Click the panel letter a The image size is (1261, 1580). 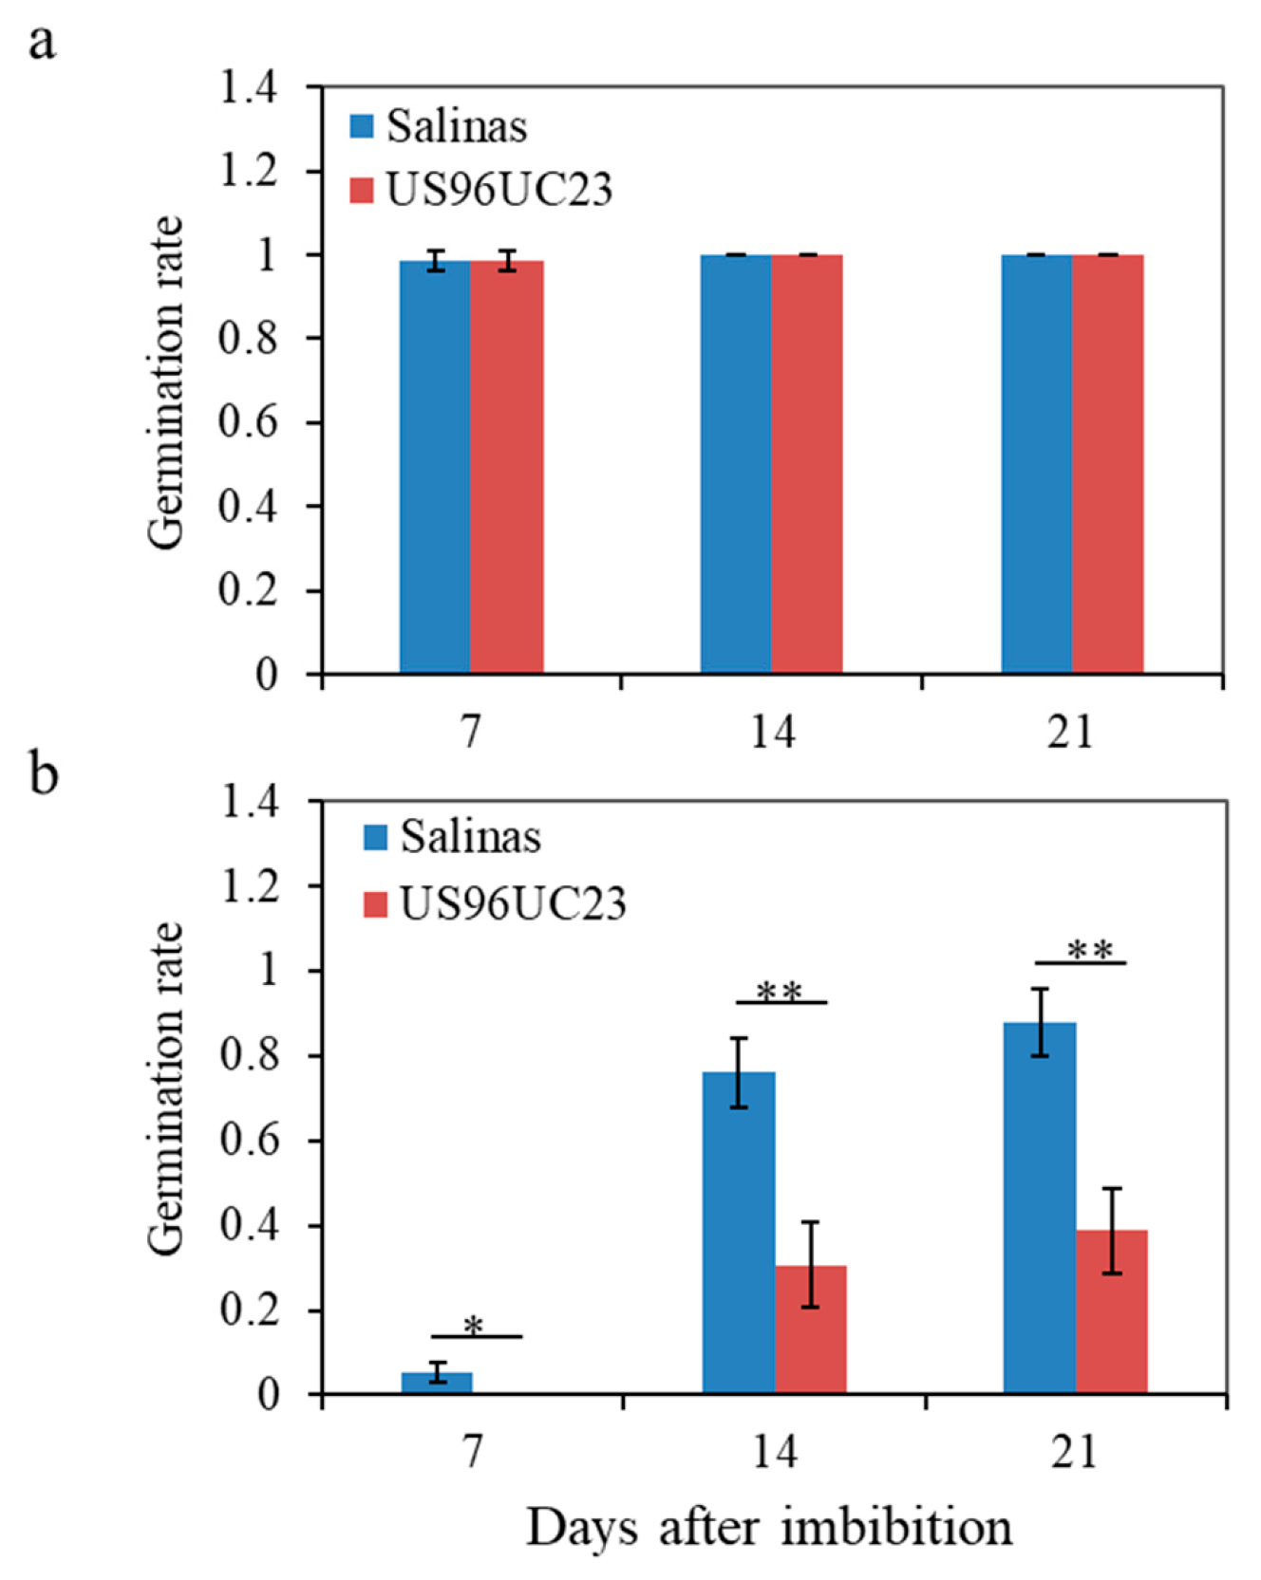coord(41,43)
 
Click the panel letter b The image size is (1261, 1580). coord(44,772)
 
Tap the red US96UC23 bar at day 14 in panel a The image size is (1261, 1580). coord(806,464)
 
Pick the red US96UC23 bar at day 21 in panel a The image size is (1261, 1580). coord(1107,464)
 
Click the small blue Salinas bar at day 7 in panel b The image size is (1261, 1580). coord(437,1382)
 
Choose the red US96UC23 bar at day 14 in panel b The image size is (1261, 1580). coord(810,1329)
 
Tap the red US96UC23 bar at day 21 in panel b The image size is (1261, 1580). coord(1111,1310)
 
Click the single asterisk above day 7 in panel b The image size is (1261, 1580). coord(474,1325)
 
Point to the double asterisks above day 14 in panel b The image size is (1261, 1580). coord(780,992)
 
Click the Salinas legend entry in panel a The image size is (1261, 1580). coord(438,126)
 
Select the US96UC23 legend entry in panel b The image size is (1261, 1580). coord(494,902)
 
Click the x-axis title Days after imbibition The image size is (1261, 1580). coord(769,1528)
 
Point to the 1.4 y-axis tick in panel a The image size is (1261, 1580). coord(248,87)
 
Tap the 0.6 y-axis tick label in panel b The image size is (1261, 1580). coord(249,1140)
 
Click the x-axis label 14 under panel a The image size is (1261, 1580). coord(772,732)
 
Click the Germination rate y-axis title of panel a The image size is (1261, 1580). coord(165,381)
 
